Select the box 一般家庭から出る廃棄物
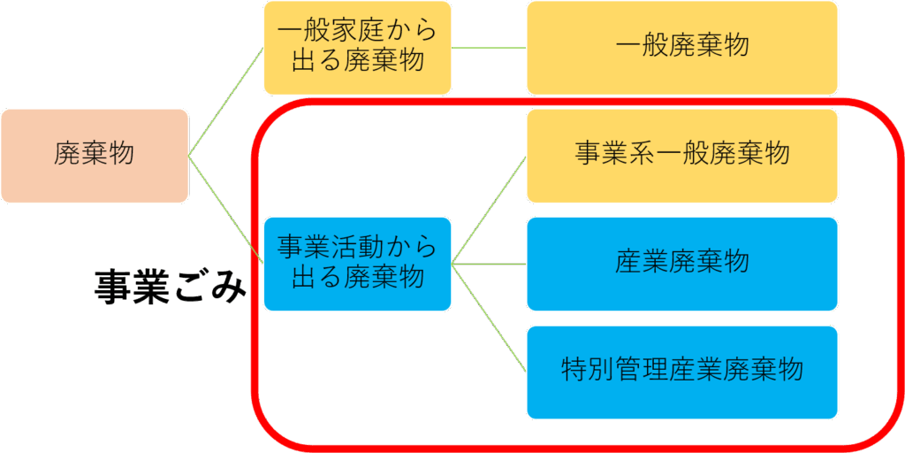pos(357,48)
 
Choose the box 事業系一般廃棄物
pos(681,156)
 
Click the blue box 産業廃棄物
pos(681,264)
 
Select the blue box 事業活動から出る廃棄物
pos(357,264)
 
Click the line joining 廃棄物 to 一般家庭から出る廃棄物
pos(226,102)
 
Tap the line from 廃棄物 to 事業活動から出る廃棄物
pos(226,209)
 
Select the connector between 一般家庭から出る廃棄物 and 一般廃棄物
pos(489,47)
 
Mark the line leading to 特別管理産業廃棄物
pos(489,317)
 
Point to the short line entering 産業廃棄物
pos(489,264)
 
